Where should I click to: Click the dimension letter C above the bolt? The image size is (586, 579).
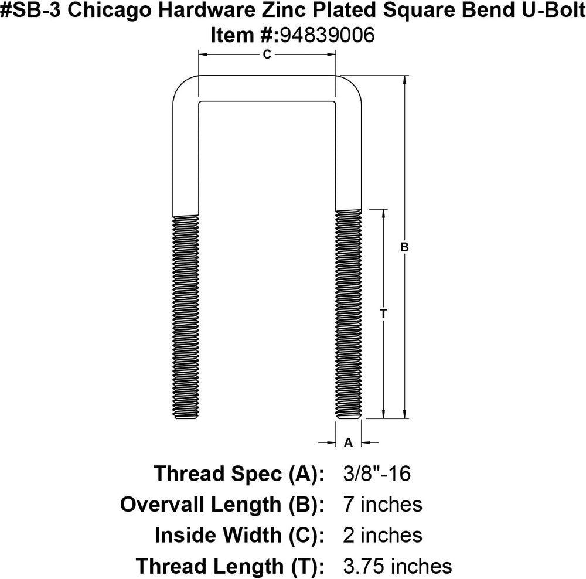[x=267, y=55]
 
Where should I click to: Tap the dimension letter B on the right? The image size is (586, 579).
[x=404, y=247]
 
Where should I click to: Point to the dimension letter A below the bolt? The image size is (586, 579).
[x=348, y=442]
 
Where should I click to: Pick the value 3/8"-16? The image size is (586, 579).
[x=370, y=473]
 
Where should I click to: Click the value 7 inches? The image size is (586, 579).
[x=381, y=504]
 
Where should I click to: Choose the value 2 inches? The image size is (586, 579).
[x=381, y=535]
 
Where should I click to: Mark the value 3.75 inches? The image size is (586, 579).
[x=396, y=566]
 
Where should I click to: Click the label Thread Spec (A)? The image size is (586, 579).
[x=239, y=473]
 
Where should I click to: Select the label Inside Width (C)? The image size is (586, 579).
[x=239, y=535]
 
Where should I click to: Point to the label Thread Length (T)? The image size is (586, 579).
[x=230, y=566]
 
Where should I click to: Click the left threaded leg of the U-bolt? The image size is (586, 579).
[x=186, y=316]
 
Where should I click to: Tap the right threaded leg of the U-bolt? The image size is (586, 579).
[x=349, y=316]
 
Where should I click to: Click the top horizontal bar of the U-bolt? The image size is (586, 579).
[x=267, y=88]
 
